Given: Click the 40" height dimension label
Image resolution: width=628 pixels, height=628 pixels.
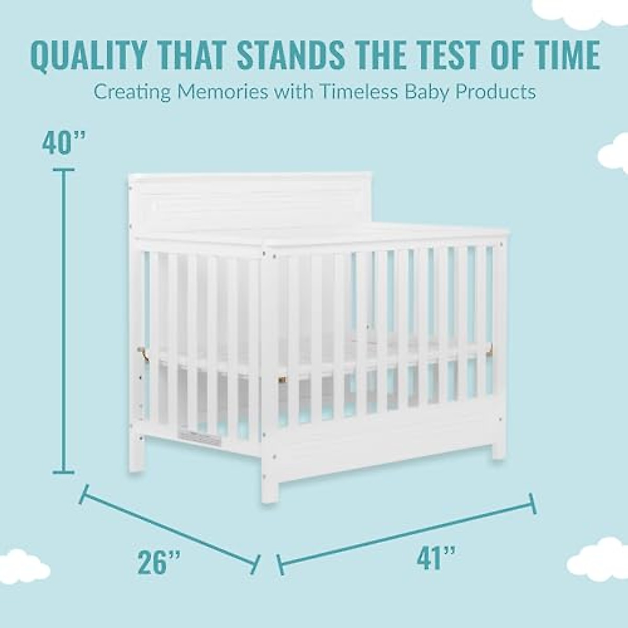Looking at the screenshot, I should (x=64, y=142).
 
